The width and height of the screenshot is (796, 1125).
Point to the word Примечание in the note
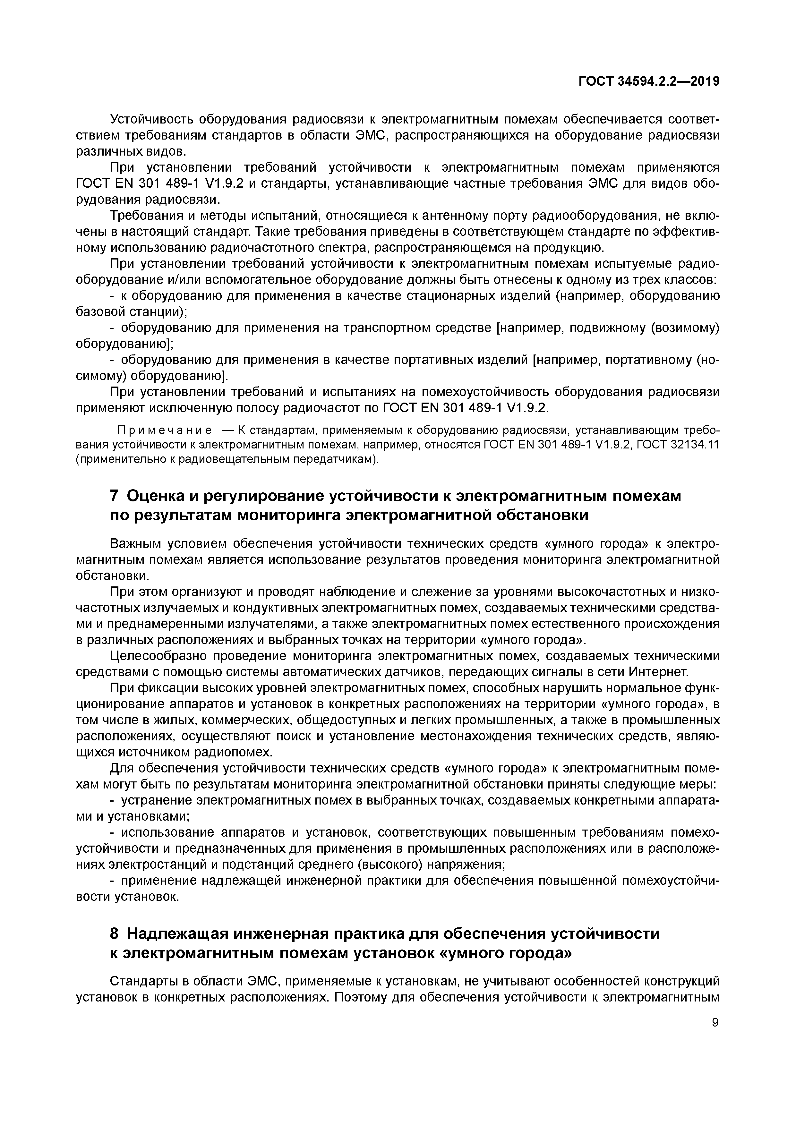tap(164, 430)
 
